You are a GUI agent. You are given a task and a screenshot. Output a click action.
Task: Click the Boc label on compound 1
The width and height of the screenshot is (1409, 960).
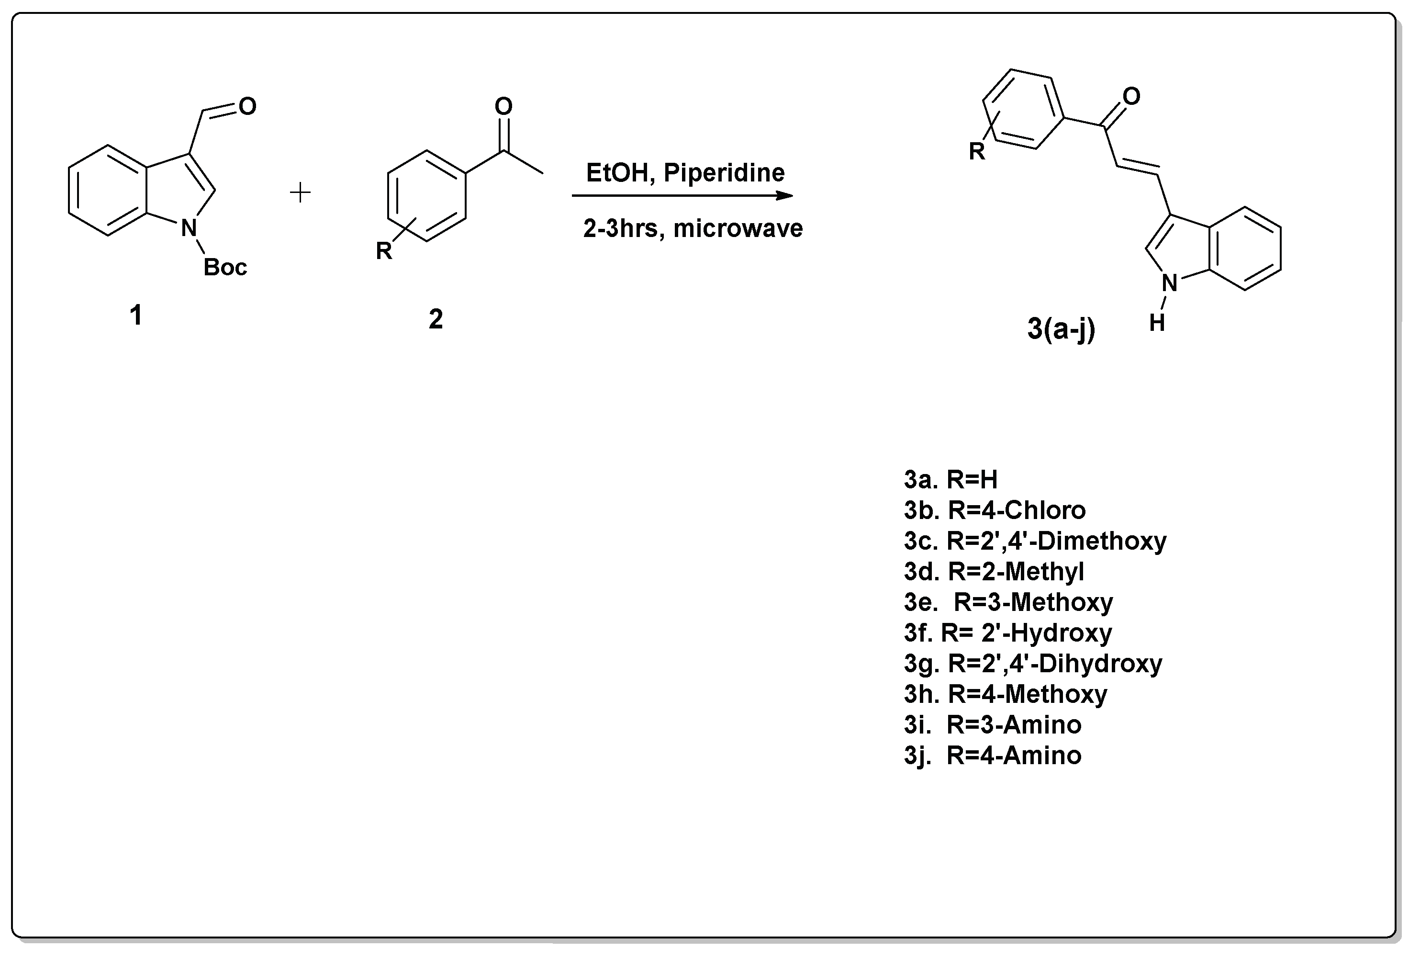tap(225, 268)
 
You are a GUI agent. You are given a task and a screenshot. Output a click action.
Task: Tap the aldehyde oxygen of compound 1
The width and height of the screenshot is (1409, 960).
tap(247, 106)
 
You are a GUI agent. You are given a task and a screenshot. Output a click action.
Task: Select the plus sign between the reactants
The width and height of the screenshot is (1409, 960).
tap(300, 193)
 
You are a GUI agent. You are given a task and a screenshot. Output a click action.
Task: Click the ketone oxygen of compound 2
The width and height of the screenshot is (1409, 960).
tap(503, 107)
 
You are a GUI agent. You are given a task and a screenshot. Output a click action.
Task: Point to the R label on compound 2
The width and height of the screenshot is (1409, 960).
tap(384, 250)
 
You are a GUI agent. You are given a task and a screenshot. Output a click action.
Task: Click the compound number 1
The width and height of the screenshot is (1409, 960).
tap(136, 316)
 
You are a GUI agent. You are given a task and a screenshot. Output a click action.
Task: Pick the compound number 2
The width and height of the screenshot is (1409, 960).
tap(436, 319)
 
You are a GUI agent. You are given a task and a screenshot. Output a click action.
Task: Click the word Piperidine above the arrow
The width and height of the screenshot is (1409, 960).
tap(724, 173)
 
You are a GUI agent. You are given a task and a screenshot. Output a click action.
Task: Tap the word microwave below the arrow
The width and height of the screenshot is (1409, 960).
tap(738, 229)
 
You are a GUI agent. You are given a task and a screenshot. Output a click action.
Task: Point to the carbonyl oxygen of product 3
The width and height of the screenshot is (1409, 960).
tap(1131, 96)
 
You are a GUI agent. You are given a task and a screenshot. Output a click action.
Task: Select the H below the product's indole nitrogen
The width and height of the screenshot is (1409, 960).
tap(1157, 323)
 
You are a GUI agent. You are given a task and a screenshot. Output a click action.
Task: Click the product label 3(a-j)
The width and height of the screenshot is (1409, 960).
tap(1061, 329)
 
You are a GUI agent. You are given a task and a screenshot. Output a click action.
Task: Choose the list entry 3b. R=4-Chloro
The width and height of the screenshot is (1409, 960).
tap(995, 510)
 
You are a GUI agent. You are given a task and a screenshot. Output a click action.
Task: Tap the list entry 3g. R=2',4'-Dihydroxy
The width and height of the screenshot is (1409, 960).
tap(1032, 664)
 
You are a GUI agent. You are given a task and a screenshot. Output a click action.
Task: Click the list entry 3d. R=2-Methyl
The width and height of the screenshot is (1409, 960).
tap(994, 572)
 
